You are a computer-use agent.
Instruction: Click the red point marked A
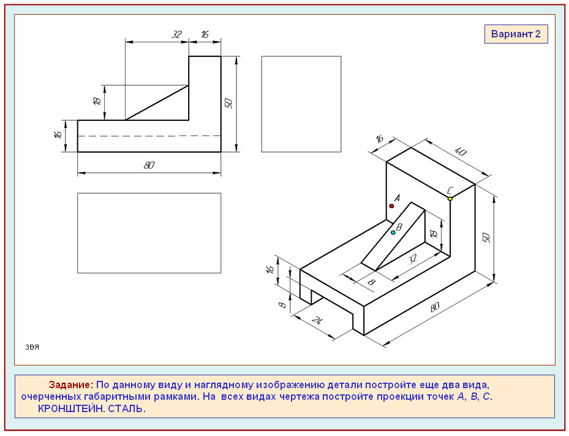pos(391,206)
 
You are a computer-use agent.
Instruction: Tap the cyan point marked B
pos(393,232)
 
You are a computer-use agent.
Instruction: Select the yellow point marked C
pos(450,199)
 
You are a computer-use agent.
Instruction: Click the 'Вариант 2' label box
pos(516,34)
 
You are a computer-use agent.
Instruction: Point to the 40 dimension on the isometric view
pos(460,151)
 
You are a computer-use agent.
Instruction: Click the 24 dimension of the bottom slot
pos(317,321)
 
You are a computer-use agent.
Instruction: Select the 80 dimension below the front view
pos(149,166)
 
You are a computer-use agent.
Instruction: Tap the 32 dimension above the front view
pos(176,34)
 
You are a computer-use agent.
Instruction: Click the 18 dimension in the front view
pos(97,101)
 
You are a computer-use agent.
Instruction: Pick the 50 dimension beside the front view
pos(228,103)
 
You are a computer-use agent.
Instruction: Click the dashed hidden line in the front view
pos(149,136)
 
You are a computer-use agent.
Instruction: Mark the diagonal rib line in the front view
pos(157,103)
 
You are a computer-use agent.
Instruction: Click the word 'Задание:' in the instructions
pos(71,384)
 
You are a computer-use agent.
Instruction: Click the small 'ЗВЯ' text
pos(32,347)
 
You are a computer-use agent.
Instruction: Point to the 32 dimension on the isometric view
pos(412,259)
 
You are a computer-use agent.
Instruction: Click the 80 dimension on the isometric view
pos(435,307)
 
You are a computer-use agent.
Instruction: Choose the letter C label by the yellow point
pos(450,190)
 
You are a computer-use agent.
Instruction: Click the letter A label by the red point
pos(397,198)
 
